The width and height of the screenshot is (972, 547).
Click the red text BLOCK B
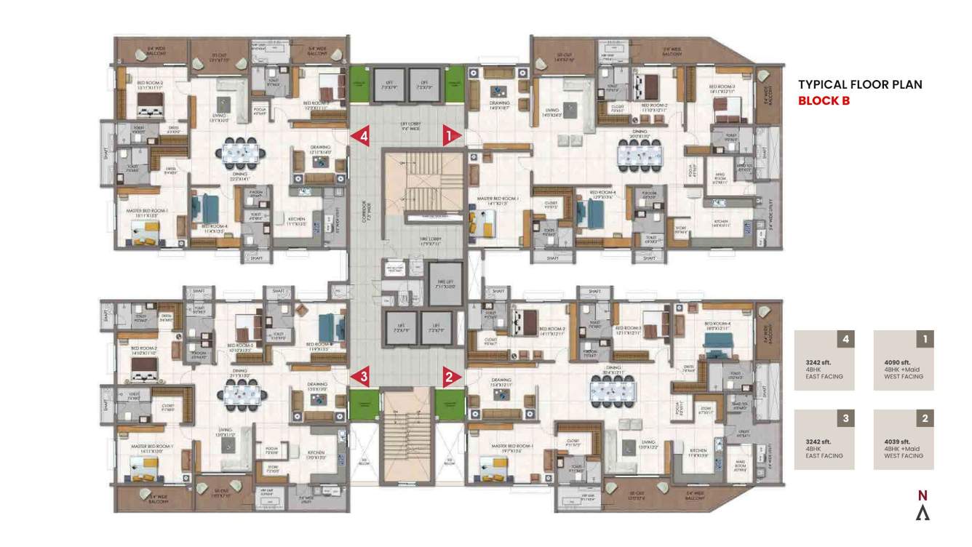[x=824, y=101]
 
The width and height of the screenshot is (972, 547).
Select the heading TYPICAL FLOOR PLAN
[x=860, y=84]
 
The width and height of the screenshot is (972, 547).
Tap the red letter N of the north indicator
[x=923, y=496]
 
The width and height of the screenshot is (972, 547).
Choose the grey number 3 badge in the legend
[x=845, y=418]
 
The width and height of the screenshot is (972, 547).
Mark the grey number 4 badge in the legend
[x=845, y=339]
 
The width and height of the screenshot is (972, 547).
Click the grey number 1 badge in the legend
[x=925, y=339]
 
